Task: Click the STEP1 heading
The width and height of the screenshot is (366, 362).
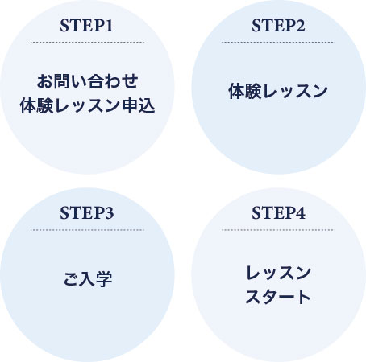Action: (x=86, y=26)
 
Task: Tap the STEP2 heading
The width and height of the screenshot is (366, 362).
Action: (x=278, y=26)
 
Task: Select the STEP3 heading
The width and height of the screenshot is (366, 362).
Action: (x=86, y=213)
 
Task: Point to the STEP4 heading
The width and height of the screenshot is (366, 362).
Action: (x=278, y=213)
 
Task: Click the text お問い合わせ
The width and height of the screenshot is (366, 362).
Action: (x=88, y=81)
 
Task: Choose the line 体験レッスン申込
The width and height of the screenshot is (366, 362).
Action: (x=88, y=105)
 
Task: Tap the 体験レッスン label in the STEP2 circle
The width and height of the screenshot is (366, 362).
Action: (x=278, y=91)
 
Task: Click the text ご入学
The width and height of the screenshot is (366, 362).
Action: (x=88, y=279)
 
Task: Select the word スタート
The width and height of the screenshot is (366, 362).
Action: (x=278, y=297)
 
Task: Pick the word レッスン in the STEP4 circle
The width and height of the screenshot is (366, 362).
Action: (x=278, y=273)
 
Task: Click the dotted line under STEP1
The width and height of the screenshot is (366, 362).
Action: (x=87, y=42)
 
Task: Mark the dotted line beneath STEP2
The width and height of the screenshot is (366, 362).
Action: (x=278, y=42)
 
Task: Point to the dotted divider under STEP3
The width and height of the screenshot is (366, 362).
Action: (x=87, y=230)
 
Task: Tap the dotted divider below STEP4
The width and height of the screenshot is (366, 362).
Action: (x=278, y=230)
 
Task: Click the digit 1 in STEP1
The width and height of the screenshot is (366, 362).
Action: (x=109, y=26)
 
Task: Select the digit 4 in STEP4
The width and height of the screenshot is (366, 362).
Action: (x=301, y=213)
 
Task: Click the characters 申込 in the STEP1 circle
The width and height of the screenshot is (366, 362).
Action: (x=139, y=105)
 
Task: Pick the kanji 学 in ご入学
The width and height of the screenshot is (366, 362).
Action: (x=104, y=279)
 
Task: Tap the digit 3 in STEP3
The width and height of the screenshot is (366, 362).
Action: (x=109, y=213)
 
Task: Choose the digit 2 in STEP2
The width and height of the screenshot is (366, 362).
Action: (x=301, y=26)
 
